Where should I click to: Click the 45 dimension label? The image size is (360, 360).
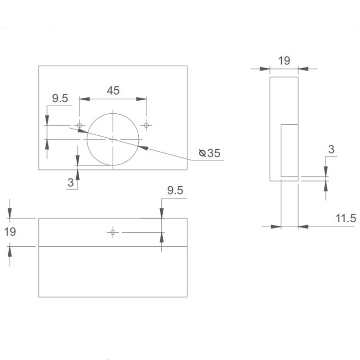pyautogui.click(x=113, y=90)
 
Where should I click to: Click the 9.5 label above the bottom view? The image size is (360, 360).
pyautogui.click(x=175, y=191)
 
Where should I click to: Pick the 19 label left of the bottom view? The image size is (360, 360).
pyautogui.click(x=10, y=232)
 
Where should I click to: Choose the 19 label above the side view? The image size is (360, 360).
pyautogui.click(x=284, y=60)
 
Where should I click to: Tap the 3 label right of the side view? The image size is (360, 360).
pyautogui.click(x=331, y=149)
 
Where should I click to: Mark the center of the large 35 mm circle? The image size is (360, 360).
pyautogui.click(x=113, y=139)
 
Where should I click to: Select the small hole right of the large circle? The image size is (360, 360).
pyautogui.click(x=146, y=125)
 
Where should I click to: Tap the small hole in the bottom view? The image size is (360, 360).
pyautogui.click(x=113, y=233)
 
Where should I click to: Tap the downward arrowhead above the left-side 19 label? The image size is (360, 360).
pyautogui.click(x=10, y=213)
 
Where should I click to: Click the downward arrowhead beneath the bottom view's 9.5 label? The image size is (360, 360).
pyautogui.click(x=162, y=213)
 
